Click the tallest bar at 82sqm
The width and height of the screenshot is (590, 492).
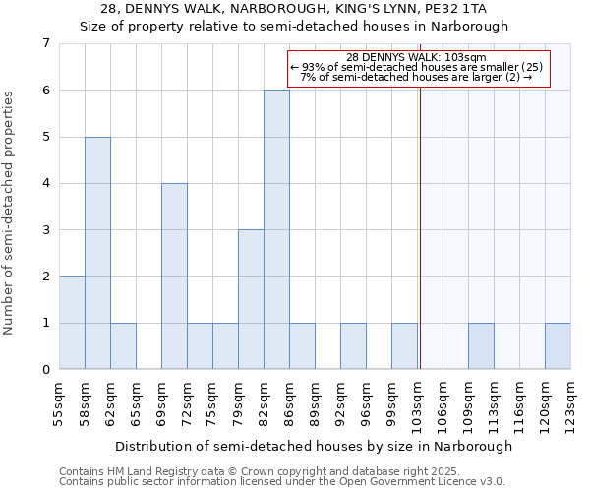[x=276, y=229]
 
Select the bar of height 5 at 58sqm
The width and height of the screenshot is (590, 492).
[x=97, y=253]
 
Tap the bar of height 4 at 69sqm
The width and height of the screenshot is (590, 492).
[x=174, y=277]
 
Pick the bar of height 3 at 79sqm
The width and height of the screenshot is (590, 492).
[x=251, y=299]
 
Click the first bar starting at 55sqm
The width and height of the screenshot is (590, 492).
[x=72, y=323]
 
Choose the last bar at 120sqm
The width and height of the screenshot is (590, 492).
[x=558, y=346]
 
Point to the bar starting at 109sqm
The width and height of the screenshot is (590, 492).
[x=481, y=346]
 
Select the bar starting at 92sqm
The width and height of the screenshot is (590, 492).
[x=353, y=346]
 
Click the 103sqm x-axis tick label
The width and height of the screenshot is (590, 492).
[x=418, y=403]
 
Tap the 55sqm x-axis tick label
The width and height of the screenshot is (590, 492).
[x=60, y=403]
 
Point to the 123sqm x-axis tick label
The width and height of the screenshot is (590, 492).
[x=571, y=403]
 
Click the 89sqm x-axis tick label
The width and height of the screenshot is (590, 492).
[x=316, y=403]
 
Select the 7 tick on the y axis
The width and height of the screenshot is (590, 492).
[x=46, y=43]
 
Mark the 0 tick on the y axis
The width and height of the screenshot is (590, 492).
[x=46, y=370]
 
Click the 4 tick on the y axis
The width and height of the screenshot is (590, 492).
[x=46, y=183]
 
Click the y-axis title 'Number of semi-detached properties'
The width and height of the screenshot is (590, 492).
[x=11, y=213]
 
